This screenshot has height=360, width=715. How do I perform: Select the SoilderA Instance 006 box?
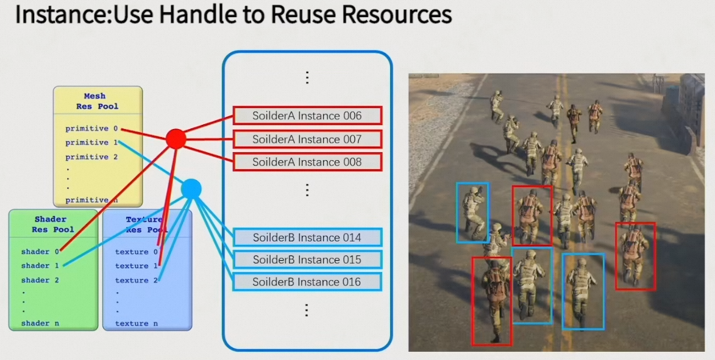(307, 116)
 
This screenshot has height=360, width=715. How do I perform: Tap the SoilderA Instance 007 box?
(307, 139)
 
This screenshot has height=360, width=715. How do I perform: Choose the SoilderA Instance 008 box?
(307, 162)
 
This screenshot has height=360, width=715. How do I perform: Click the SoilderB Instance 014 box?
(307, 238)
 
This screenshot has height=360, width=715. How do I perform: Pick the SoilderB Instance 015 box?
(307, 259)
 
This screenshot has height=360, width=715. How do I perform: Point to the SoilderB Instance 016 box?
(307, 282)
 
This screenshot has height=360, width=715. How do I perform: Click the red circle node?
(176, 139)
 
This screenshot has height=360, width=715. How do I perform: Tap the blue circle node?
(191, 189)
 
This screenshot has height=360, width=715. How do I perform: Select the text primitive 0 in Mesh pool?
(91, 129)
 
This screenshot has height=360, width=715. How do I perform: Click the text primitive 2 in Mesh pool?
(91, 157)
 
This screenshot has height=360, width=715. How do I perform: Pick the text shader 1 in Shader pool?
(40, 266)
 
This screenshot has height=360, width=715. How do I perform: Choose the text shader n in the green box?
(40, 323)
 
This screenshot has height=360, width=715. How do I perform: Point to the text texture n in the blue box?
(136, 323)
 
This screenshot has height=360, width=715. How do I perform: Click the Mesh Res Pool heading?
(97, 101)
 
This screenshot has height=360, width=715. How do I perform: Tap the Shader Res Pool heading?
(53, 224)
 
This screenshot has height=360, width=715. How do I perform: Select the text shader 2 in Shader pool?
(40, 280)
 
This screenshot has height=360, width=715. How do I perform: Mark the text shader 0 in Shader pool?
(40, 252)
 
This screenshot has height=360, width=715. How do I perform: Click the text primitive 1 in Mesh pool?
(91, 143)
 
